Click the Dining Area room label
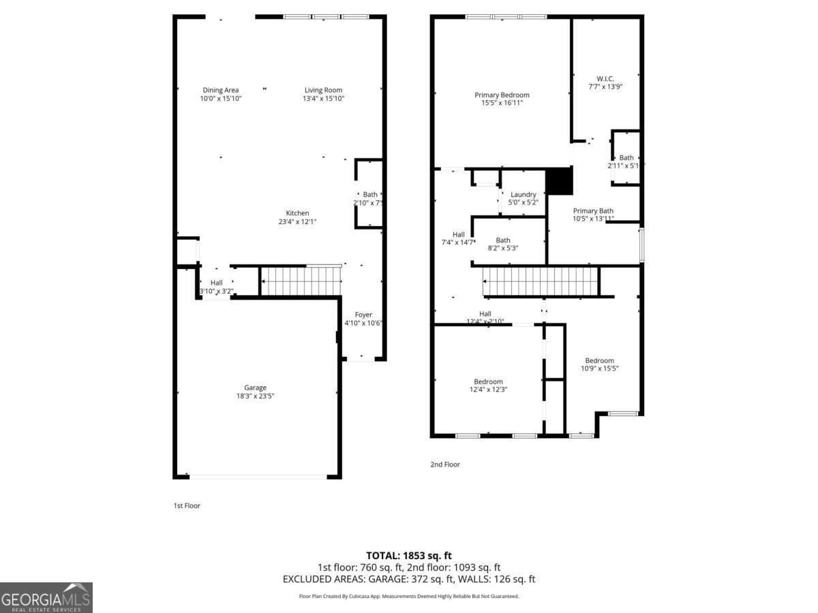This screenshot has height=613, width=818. coord(221,90)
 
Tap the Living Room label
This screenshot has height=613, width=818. coord(323,90)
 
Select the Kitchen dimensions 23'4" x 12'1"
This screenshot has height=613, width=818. coord(297,221)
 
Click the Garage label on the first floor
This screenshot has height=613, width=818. coord(256,388)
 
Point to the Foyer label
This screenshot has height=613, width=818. coord(363,315)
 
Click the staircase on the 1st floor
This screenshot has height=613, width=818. coord(301,281)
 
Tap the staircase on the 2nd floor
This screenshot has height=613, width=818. coord(540,281)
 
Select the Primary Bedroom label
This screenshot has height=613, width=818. coord(502,95)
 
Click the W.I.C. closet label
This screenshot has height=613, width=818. coord(605,78)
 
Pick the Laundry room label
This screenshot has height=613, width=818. coord(523,194)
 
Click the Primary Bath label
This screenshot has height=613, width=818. coord(593,210)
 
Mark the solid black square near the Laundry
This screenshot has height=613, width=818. coord(560,181)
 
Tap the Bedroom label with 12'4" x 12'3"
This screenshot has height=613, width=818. coord(488,381)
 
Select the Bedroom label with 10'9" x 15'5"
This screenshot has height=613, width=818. coord(599,360)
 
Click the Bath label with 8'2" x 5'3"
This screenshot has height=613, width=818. coord(503,240)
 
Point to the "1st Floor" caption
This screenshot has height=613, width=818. coord(187,506)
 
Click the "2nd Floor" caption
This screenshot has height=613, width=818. coord(445,465)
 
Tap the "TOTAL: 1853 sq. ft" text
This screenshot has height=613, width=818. coord(409,556)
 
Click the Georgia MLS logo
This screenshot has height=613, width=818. coord(46,597)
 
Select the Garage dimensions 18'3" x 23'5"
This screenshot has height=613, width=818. coord(256,396)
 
